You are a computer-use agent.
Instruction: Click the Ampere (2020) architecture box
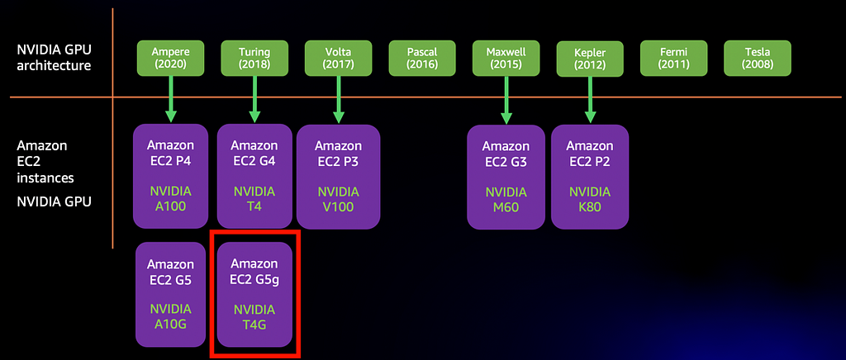pyautogui.click(x=170, y=58)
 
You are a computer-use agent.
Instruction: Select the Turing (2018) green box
pyautogui.click(x=254, y=58)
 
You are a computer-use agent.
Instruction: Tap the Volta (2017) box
pyautogui.click(x=338, y=58)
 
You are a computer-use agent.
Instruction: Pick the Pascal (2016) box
pyautogui.click(x=422, y=58)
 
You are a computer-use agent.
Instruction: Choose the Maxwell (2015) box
pyautogui.click(x=506, y=58)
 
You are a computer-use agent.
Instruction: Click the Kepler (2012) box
pyautogui.click(x=590, y=59)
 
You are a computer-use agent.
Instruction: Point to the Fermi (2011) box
pyautogui.click(x=674, y=58)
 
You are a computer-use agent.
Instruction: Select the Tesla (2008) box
pyautogui.click(x=758, y=58)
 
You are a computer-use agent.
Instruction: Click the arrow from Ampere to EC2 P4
pyautogui.click(x=170, y=98)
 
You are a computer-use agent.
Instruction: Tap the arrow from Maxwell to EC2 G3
pyautogui.click(x=506, y=99)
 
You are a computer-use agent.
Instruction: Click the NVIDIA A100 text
pyautogui.click(x=170, y=199)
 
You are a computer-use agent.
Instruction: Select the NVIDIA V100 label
pyautogui.click(x=338, y=199)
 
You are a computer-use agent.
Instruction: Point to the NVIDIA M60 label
pyautogui.click(x=506, y=199)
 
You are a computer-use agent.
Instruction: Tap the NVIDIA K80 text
pyautogui.click(x=590, y=199)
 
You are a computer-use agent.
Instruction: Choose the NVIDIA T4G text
pyautogui.click(x=254, y=316)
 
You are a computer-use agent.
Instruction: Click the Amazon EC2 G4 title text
pyautogui.click(x=254, y=153)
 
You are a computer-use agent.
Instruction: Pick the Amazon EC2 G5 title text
pyautogui.click(x=170, y=272)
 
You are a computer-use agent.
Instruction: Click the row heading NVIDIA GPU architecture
pyautogui.click(x=53, y=58)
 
